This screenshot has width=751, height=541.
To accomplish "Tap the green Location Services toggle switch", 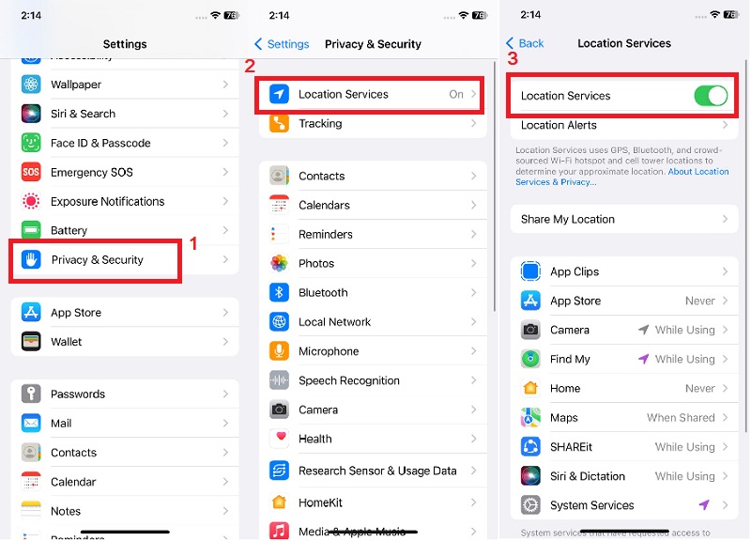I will click(x=711, y=95).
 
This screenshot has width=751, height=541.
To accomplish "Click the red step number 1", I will click(x=194, y=243).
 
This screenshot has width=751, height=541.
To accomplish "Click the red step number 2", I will click(x=250, y=66).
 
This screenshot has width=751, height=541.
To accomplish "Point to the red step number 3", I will click(x=512, y=57).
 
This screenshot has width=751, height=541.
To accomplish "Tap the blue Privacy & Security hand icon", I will click(x=32, y=260).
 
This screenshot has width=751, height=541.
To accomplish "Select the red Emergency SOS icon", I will click(x=32, y=173).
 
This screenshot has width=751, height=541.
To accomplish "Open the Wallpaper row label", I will click(x=76, y=85).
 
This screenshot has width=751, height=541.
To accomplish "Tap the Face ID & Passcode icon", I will click(x=32, y=143).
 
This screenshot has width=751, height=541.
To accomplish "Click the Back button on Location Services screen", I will click(x=525, y=43).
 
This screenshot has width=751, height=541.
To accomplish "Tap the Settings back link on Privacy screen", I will click(x=282, y=44).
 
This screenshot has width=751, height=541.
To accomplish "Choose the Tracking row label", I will click(x=320, y=124).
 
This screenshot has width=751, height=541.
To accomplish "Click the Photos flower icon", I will click(x=279, y=264).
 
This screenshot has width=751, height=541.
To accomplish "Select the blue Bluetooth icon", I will click(x=279, y=293).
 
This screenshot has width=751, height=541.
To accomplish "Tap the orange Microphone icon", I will click(x=279, y=351).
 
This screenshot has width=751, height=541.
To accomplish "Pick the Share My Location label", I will click(x=568, y=220).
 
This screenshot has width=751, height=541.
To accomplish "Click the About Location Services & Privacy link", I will click(x=697, y=172).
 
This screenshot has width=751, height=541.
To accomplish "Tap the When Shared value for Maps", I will click(x=681, y=418).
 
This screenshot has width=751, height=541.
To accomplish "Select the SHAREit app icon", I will click(x=530, y=447).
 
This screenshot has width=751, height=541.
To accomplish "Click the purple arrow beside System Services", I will click(x=704, y=505).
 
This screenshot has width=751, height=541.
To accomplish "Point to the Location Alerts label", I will click(x=559, y=125).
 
